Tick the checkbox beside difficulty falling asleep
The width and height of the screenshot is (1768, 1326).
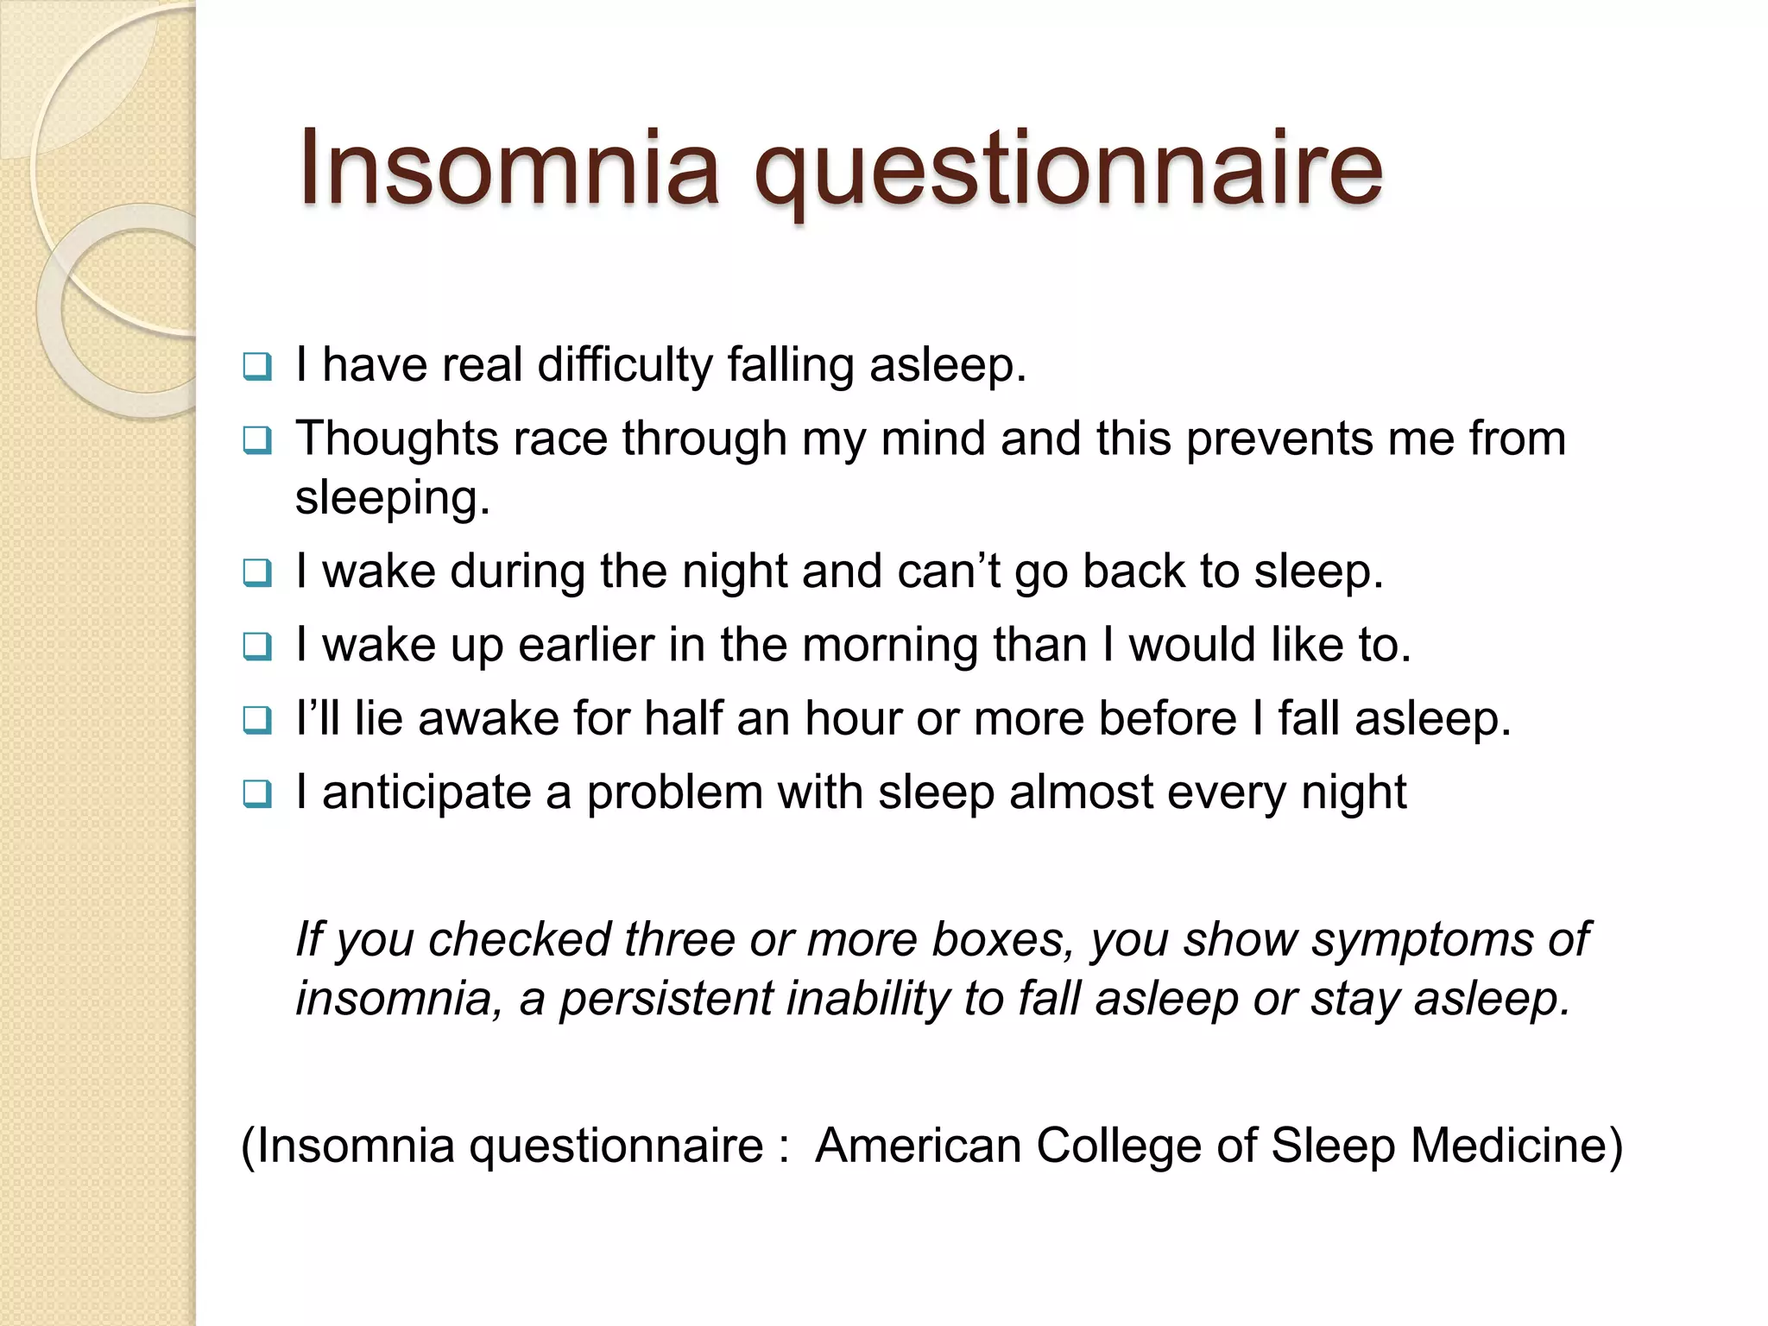[x=256, y=367]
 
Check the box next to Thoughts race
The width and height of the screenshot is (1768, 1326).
[x=256, y=441]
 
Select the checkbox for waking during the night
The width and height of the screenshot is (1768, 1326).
[x=256, y=572]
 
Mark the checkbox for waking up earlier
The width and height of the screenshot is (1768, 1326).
[x=256, y=646]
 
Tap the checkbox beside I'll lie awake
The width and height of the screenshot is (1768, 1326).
[x=256, y=720]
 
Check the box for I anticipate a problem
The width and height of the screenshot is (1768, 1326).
[x=256, y=793]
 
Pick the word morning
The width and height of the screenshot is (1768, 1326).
[x=891, y=645]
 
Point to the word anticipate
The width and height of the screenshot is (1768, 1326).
[x=426, y=793]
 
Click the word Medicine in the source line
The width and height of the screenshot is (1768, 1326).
[x=1516, y=1146]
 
